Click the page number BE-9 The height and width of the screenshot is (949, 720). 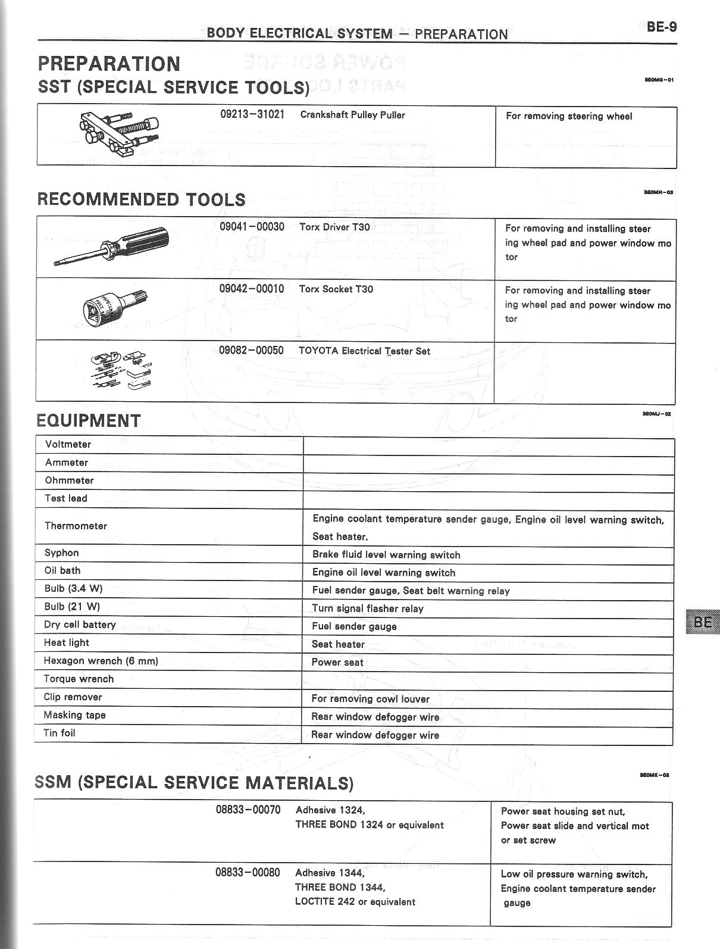tap(662, 27)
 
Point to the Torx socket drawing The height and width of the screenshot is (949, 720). tap(114, 307)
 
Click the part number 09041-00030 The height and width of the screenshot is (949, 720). tap(252, 227)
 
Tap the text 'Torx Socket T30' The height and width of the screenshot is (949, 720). tap(336, 289)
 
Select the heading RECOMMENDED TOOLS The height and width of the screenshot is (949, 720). tap(142, 199)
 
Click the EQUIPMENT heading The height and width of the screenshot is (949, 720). tap(89, 421)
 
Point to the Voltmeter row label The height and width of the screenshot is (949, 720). tap(68, 445)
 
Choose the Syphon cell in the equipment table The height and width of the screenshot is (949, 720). tap(61, 553)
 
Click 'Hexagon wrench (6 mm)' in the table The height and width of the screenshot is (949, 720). tap(101, 661)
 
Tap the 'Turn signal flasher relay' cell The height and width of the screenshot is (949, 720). tap(368, 608)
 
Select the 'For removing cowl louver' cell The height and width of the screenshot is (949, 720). tap(370, 699)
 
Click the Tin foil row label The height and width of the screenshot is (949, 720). tap(60, 733)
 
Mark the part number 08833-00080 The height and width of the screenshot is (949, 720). tap(248, 873)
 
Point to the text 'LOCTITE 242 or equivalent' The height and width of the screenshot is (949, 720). tap(355, 902)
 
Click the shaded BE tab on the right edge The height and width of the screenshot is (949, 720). tap(703, 622)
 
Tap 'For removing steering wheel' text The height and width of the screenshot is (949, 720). tap(569, 116)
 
